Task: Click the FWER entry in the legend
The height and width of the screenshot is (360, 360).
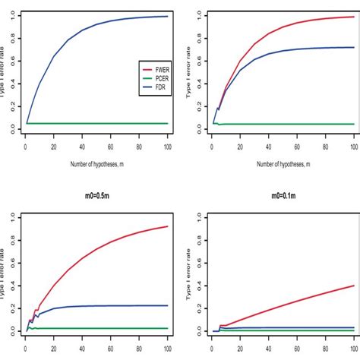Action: click(153, 67)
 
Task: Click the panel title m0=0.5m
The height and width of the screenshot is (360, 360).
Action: click(96, 196)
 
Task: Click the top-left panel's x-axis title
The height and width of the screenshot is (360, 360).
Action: click(96, 163)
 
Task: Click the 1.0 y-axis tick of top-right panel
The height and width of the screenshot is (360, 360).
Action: click(198, 14)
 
